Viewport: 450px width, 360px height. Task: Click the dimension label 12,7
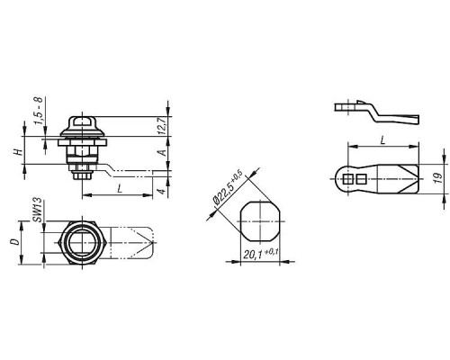(162, 126)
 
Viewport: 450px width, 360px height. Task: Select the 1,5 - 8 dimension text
(40, 111)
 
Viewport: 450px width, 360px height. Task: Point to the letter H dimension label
(19, 152)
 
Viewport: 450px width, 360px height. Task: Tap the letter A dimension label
(162, 153)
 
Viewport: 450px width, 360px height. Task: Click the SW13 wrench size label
(37, 210)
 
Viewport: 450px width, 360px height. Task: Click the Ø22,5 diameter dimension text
(228, 188)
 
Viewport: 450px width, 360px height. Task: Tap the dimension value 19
(438, 178)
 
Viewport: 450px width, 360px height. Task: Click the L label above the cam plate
(382, 140)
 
